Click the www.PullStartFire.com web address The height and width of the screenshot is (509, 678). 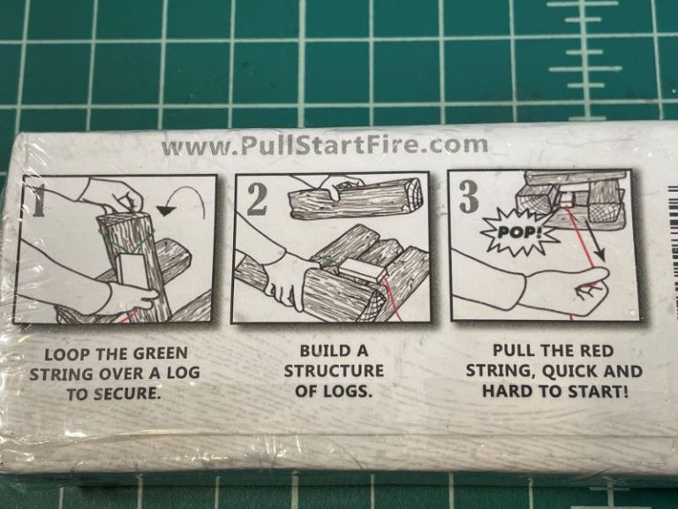(324, 145)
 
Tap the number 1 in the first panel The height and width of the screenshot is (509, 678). (37, 201)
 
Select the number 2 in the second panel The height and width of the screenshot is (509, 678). (257, 200)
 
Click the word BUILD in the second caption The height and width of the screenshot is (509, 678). (317, 351)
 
